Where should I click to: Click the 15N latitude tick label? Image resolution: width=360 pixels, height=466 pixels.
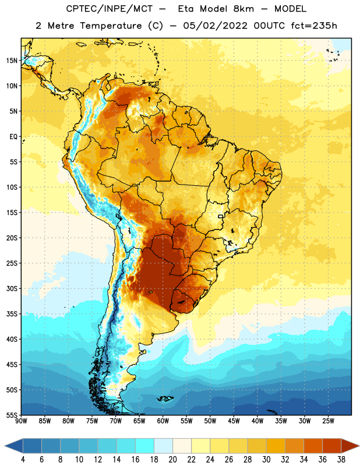12,61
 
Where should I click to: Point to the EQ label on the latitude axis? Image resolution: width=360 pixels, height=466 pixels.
13,137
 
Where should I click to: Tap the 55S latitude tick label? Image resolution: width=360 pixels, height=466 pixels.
12,415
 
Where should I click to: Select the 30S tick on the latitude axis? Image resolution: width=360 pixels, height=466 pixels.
12,288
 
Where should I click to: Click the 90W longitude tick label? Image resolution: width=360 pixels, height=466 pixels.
21,421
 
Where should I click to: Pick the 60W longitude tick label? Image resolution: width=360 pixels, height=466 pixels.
163,421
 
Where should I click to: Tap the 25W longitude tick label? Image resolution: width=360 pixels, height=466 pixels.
328,421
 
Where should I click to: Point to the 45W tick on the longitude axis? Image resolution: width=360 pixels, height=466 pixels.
234,421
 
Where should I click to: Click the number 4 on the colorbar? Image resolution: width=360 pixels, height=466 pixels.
23,460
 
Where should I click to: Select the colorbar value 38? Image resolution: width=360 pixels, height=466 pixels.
341,460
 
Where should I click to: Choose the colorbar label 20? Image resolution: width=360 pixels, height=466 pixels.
172,460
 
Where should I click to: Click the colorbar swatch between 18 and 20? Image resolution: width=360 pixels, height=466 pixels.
163,446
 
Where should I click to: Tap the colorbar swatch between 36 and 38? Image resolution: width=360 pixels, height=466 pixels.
332,446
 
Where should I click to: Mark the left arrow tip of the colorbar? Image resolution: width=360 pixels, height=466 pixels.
5,446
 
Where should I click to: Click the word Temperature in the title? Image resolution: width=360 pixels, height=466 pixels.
111,26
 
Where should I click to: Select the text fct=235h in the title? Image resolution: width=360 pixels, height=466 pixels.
314,26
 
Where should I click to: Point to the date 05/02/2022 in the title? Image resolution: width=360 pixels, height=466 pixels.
215,26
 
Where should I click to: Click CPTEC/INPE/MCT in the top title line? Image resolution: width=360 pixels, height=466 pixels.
110,9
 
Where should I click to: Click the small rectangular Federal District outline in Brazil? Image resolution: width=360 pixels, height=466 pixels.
221,216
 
